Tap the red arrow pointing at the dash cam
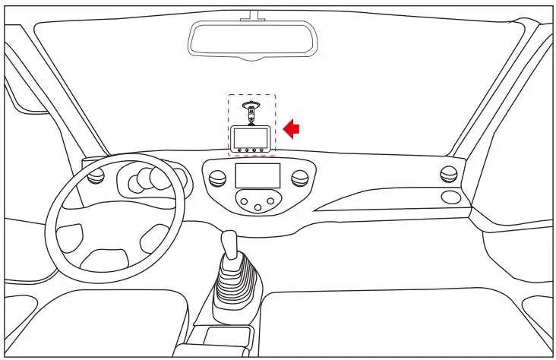pos(291,128)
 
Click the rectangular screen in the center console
pos(257,176)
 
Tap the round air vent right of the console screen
pos(300,178)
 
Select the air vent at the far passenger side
pos(448,174)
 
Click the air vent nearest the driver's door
pos(96,177)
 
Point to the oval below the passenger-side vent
pos(450,197)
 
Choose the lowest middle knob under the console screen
pos(258,208)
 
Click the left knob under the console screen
pos(245,201)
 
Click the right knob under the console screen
pos(272,201)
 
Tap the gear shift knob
pos(230,242)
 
